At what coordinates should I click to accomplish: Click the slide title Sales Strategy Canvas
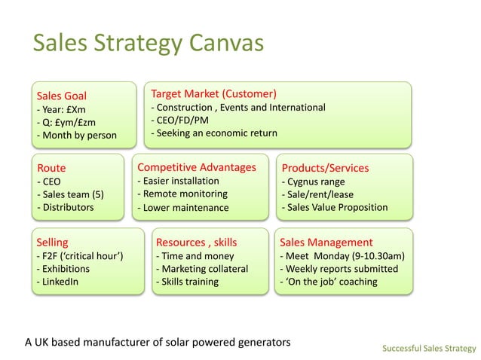(148, 43)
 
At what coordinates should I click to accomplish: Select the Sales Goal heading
(61, 96)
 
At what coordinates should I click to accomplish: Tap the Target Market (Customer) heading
(213, 94)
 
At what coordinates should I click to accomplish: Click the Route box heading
(51, 168)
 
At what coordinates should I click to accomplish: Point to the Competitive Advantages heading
(197, 167)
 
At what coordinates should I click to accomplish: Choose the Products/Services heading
(325, 168)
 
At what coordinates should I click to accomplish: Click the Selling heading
(52, 243)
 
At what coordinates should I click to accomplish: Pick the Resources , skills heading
(196, 243)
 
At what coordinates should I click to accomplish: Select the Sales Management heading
(326, 243)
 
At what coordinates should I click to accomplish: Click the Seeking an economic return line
(214, 133)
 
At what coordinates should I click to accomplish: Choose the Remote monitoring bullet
(182, 194)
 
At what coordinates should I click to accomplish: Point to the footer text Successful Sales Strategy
(428, 348)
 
